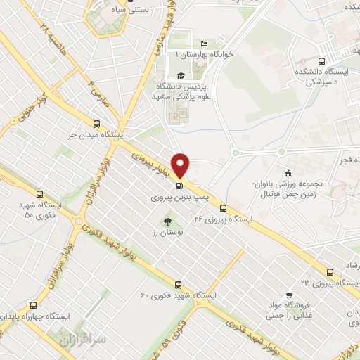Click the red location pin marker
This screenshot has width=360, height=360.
pyautogui.click(x=181, y=165)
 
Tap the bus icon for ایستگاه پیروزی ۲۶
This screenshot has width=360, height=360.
pyautogui.click(x=223, y=208)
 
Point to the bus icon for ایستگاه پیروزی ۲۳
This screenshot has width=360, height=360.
pyautogui.click(x=329, y=271)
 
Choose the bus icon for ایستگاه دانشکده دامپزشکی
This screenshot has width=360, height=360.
pyautogui.click(x=321, y=60)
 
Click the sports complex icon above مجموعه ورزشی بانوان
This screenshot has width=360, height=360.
pyautogui.click(x=287, y=174)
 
